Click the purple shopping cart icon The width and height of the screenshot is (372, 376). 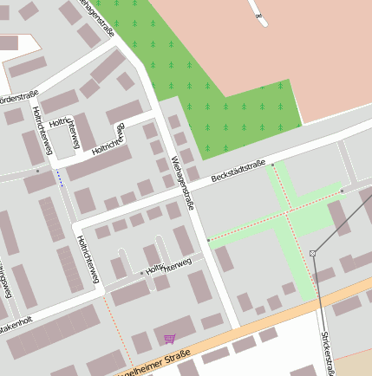pyautogui.click(x=168, y=339)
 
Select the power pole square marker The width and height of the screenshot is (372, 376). pyautogui.click(x=312, y=253)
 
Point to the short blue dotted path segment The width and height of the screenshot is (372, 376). pyautogui.click(x=59, y=178)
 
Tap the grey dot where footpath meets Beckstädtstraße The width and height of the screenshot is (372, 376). pyautogui.click(x=272, y=164)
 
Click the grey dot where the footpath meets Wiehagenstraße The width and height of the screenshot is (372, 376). pyautogui.click(x=208, y=240)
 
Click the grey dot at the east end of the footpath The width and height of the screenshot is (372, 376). pyautogui.click(x=343, y=191)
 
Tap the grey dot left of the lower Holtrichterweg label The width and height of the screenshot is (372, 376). pyautogui.click(x=142, y=273)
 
